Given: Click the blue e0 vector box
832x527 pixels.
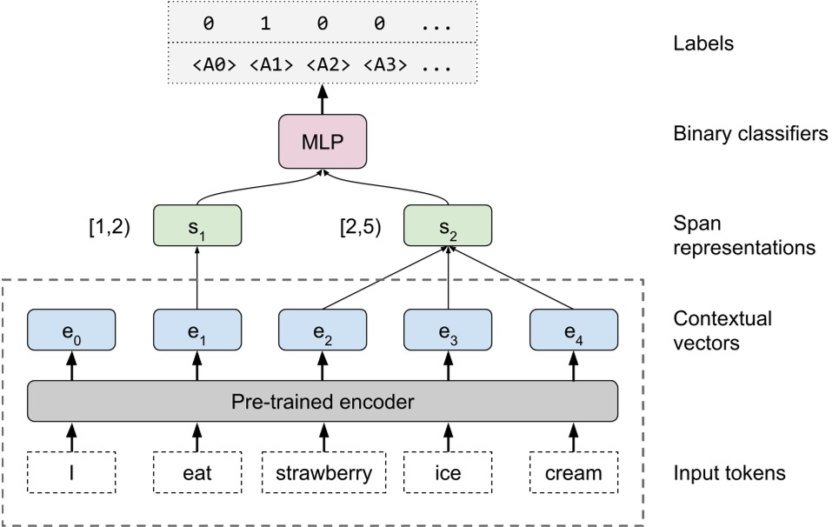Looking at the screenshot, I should pyautogui.click(x=71, y=330).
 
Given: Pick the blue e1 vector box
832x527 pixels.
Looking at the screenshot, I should pyautogui.click(x=196, y=330).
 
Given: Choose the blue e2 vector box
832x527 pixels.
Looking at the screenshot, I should pyautogui.click(x=323, y=330).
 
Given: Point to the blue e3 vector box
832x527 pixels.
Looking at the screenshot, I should pyautogui.click(x=448, y=330).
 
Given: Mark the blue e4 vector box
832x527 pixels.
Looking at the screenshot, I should pyautogui.click(x=573, y=330).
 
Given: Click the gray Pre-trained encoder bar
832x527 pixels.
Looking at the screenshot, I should pyautogui.click(x=323, y=402).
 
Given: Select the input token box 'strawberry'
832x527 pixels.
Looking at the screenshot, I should pyautogui.click(x=323, y=474).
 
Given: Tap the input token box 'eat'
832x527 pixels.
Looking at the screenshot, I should pyautogui.click(x=196, y=474).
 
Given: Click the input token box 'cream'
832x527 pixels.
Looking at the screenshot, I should pyautogui.click(x=573, y=474).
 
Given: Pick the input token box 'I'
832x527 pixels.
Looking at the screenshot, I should pyautogui.click(x=71, y=474).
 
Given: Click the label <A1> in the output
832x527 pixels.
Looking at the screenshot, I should pyautogui.click(x=265, y=63).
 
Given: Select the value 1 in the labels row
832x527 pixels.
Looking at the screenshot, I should pyautogui.click(x=265, y=24).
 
